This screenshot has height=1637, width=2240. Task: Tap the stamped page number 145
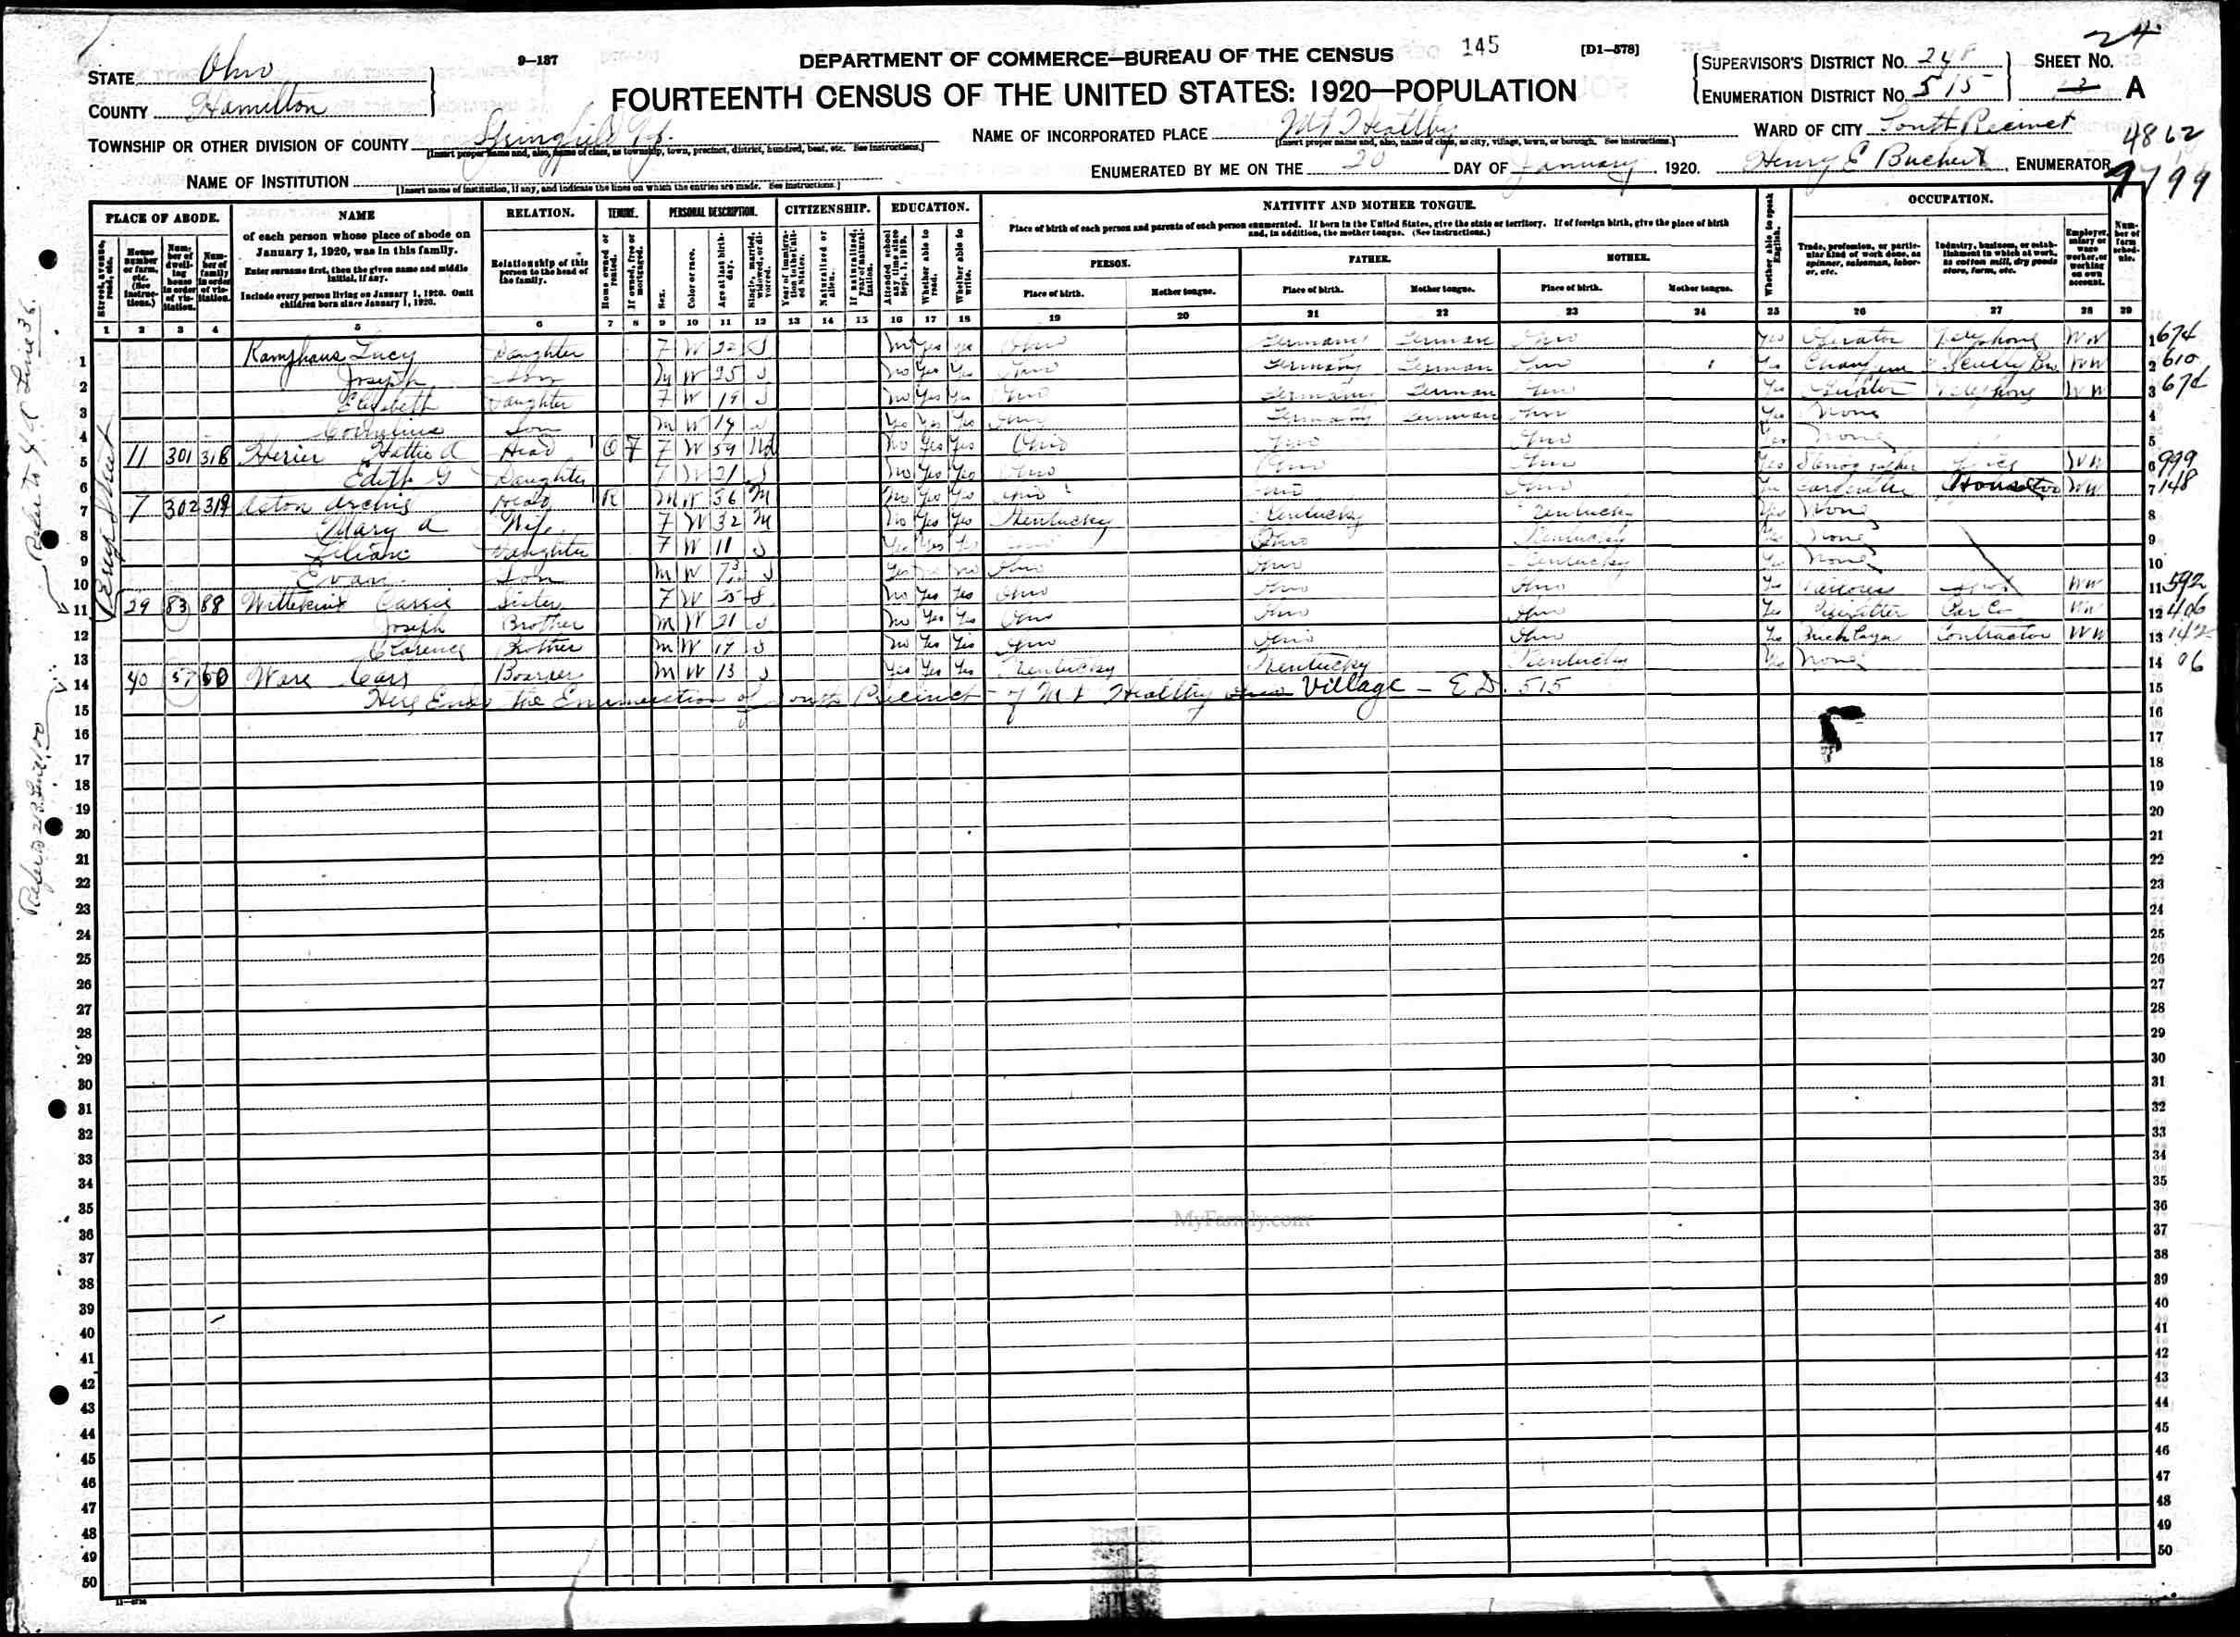(1480, 45)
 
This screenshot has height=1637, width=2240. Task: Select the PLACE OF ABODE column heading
(160, 217)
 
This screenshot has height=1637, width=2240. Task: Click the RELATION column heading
(540, 213)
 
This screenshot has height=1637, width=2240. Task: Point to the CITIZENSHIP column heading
(828, 209)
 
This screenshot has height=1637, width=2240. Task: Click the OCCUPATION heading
(1949, 199)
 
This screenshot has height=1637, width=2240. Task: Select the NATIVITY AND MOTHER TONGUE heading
(1369, 205)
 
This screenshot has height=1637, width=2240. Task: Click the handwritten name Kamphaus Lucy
(328, 354)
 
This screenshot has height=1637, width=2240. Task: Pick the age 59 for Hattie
(724, 450)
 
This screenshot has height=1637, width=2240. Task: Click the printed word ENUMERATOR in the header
(2062, 165)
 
